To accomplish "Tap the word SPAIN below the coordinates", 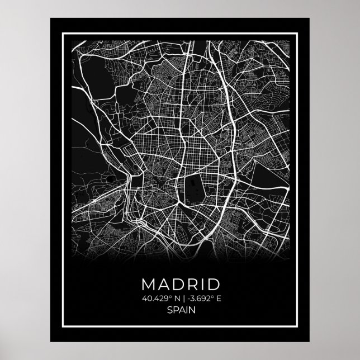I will [180, 309].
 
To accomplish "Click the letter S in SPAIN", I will [169, 309].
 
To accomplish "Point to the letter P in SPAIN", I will [174, 309].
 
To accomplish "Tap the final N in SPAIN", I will [191, 309].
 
